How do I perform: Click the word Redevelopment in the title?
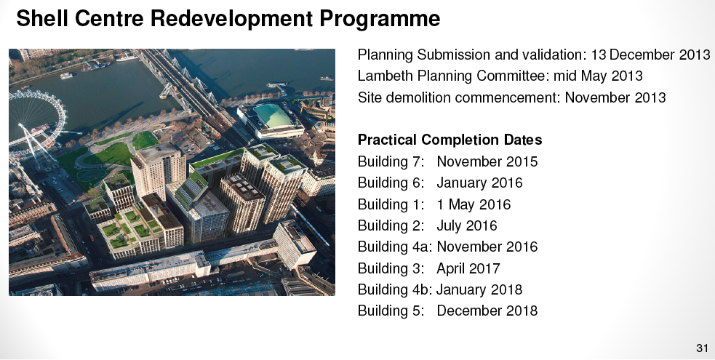(231, 19)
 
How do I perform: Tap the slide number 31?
(702, 348)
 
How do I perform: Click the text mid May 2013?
(598, 76)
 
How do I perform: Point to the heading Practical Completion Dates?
(450, 140)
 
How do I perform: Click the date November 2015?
(487, 161)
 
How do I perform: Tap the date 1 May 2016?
(474, 204)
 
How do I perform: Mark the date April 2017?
(468, 268)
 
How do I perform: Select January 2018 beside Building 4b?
(479, 289)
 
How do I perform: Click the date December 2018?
(487, 311)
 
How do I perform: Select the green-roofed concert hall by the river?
(272, 120)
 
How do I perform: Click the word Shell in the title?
(42, 19)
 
